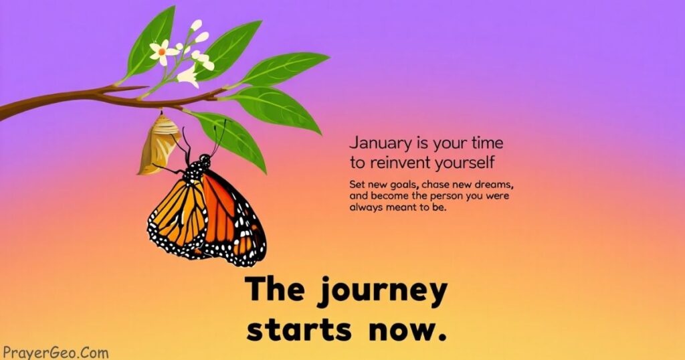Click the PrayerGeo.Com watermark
(55, 353)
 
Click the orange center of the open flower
(162, 52)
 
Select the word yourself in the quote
(465, 163)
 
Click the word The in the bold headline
(275, 289)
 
